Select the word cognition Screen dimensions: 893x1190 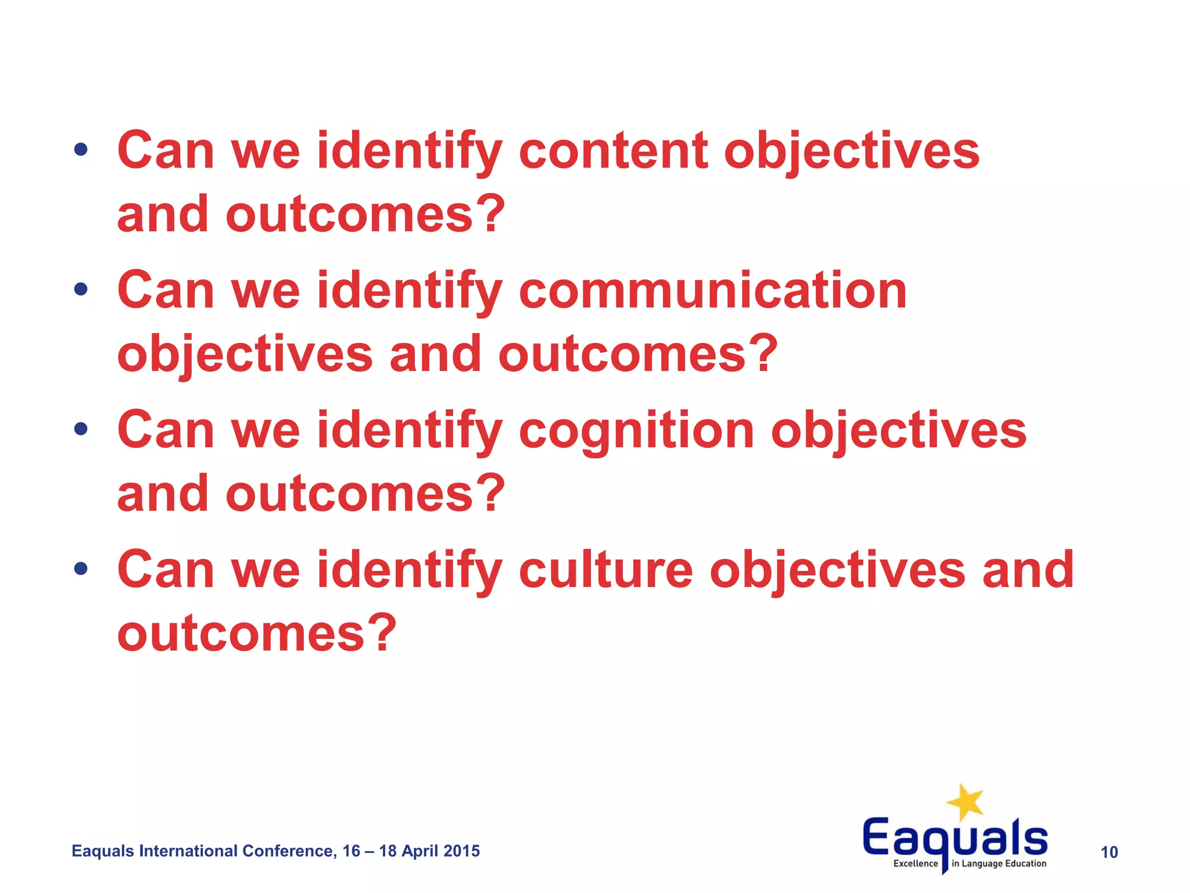pyautogui.click(x=636, y=431)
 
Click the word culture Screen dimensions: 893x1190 pyautogui.click(x=605, y=570)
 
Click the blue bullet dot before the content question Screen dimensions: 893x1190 pyautogui.click(x=81, y=150)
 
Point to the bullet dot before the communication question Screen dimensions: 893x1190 pyautogui.click(x=81, y=289)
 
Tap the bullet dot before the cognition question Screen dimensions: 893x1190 pyautogui.click(x=81, y=429)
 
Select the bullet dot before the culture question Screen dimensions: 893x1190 pyautogui.click(x=81, y=568)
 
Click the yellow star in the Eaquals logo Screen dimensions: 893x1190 pyautogui.click(x=965, y=802)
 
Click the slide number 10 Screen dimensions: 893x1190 pyautogui.click(x=1109, y=852)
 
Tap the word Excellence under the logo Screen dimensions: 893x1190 pyautogui.click(x=915, y=864)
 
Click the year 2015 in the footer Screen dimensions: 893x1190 pyautogui.click(x=462, y=851)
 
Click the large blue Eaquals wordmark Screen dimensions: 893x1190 pyautogui.click(x=955, y=837)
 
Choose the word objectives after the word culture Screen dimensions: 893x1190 pyautogui.click(x=837, y=570)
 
